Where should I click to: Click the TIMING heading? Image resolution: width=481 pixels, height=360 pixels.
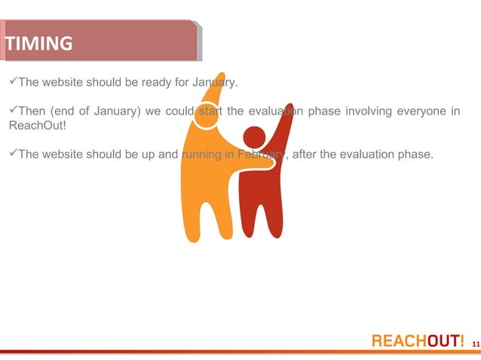[39, 44]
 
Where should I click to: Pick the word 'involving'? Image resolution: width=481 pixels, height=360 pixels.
[369, 112]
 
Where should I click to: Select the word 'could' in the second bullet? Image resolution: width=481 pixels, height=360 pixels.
[179, 112]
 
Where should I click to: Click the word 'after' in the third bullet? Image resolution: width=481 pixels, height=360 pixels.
[307, 155]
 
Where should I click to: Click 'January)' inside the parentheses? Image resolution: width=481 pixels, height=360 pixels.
[118, 112]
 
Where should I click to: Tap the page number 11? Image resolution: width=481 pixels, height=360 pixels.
[475, 343]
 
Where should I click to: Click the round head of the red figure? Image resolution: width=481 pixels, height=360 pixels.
[253, 137]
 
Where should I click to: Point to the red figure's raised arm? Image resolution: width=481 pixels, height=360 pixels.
[282, 124]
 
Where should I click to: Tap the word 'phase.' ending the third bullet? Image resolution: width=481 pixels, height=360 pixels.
[418, 155]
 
